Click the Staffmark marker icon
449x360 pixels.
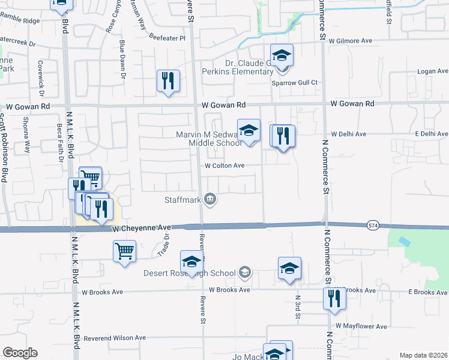[x=210, y=199]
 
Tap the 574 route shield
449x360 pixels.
[x=373, y=224]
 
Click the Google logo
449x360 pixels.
[x=20, y=353]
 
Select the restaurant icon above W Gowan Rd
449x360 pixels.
[x=167, y=80]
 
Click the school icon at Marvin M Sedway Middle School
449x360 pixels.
[x=249, y=130]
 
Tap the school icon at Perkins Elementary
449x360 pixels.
[x=282, y=56]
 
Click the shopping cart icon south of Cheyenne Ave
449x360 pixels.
[x=124, y=251]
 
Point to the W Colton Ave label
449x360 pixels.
[x=224, y=166]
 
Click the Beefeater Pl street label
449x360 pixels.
[x=167, y=37]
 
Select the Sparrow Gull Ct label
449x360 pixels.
[x=295, y=82]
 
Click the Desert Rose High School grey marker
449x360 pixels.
[x=244, y=273]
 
